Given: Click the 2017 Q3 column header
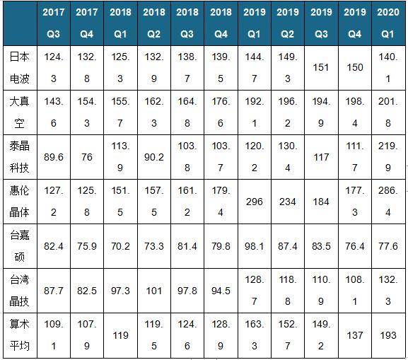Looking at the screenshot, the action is pos(54,23).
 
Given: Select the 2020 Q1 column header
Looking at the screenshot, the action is pos(388,23).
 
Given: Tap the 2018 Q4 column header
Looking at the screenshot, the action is pos(221,23).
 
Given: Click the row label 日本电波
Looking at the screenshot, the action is pos(20,68).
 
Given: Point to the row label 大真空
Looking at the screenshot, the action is pos(20,112).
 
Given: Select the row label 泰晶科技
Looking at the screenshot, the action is pos(20,157).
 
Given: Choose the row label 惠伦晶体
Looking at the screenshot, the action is pos(20,202).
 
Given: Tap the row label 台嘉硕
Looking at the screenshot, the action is pos(20,246).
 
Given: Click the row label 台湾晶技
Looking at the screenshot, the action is pos(20,291).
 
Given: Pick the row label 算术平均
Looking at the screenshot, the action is pos(20,335).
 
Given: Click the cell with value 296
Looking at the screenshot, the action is pos(255,202).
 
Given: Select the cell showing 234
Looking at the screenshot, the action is pos(288,202).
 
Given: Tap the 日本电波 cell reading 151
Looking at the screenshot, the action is pos(321,68).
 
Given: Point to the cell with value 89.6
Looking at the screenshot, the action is pos(54,157).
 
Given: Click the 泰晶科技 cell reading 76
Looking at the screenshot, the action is pos(87,157).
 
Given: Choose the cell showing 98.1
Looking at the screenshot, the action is pos(255,246).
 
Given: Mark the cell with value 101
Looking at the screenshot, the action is pos(153,291).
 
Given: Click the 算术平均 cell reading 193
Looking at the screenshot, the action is pos(388,335).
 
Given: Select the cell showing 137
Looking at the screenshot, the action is pos(355,335).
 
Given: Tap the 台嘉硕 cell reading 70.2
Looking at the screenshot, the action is pos(120,246).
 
